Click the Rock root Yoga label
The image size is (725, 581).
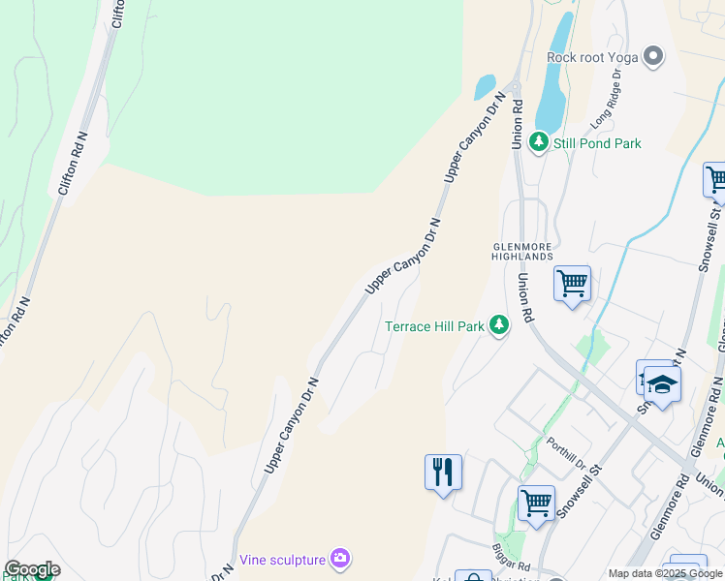click(x=592, y=57)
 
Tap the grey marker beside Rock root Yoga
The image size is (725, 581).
click(x=653, y=56)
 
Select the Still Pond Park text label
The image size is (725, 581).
click(x=597, y=143)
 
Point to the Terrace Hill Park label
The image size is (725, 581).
click(x=434, y=326)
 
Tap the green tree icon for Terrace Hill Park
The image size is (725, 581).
click(x=499, y=324)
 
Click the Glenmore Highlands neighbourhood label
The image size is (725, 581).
click(x=522, y=251)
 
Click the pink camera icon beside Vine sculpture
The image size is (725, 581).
click(x=340, y=558)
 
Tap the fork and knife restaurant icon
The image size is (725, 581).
click(x=443, y=472)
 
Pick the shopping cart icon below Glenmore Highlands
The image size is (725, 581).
click(x=572, y=284)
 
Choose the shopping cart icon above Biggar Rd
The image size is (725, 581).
click(x=536, y=503)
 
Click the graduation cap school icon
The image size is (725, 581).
click(x=663, y=384)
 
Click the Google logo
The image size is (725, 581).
click(x=31, y=569)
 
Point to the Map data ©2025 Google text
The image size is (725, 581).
click(x=665, y=573)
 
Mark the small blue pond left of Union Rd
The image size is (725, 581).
click(x=485, y=88)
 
